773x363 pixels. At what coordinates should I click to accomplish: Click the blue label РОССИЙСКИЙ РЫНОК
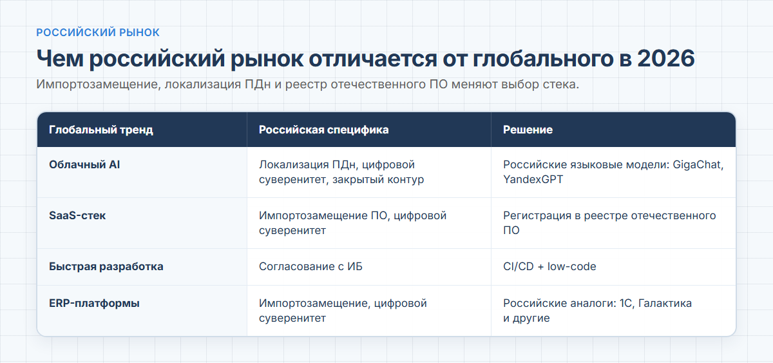(98, 32)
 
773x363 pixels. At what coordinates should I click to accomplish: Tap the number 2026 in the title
(665, 59)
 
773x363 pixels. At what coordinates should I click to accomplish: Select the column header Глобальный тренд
(100, 130)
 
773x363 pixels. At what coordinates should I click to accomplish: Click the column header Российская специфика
(323, 130)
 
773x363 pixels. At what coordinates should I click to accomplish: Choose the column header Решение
(528, 130)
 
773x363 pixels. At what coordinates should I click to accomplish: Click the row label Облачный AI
(84, 165)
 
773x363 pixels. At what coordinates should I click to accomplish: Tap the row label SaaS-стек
(77, 215)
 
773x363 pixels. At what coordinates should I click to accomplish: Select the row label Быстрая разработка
(106, 267)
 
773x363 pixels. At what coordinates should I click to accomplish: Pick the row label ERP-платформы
(94, 303)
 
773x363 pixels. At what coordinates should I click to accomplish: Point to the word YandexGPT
(533, 180)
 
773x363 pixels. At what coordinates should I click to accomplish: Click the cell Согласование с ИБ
(310, 267)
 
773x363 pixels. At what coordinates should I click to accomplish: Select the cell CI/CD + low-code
(549, 267)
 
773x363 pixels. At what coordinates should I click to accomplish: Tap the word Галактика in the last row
(665, 303)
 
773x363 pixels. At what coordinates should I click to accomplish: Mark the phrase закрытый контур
(378, 180)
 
